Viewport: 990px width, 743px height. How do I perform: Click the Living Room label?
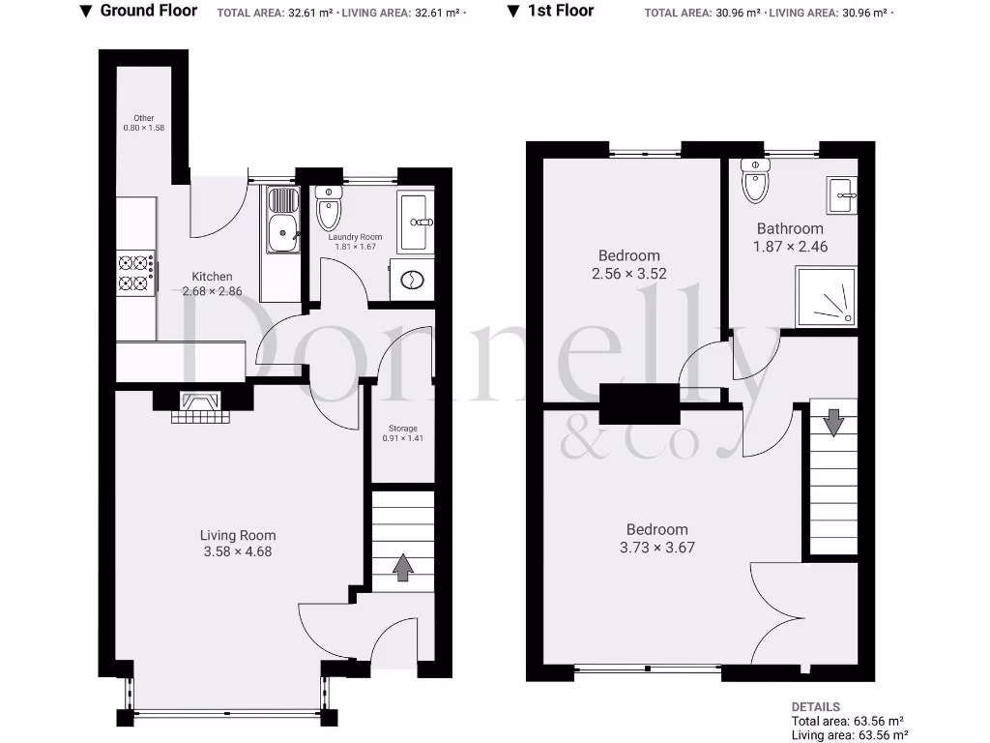(238, 535)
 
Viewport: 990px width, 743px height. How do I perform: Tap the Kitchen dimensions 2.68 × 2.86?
(212, 291)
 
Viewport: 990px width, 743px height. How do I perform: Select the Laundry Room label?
(355, 237)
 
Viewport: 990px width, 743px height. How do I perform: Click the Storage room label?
(402, 428)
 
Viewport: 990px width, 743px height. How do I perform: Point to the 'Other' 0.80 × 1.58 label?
(144, 118)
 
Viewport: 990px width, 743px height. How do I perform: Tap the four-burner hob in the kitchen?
(136, 272)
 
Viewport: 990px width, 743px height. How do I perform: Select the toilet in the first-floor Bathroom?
(754, 180)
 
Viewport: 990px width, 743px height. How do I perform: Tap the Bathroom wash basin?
(841, 195)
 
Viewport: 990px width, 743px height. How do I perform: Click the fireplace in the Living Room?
(201, 406)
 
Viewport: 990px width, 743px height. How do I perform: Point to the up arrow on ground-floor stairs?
(402, 568)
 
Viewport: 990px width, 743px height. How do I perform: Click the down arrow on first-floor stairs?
(833, 423)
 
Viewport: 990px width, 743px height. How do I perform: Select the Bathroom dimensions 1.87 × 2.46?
(790, 247)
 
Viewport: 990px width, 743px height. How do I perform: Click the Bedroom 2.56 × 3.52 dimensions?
(629, 274)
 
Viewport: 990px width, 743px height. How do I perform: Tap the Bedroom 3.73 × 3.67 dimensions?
(657, 547)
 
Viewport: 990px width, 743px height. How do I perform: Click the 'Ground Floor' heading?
(148, 11)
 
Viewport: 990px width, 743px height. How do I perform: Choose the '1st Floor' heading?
(560, 11)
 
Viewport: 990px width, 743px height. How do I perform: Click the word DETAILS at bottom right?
(815, 707)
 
